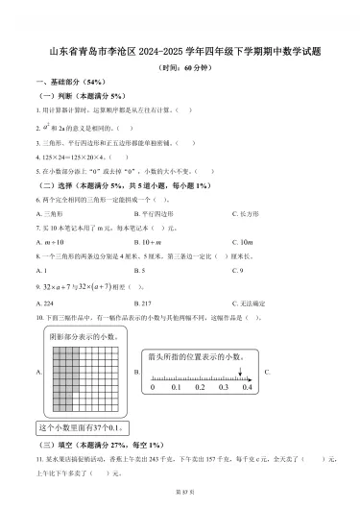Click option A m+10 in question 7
(50, 243)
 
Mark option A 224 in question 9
(47, 302)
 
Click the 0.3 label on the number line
(223, 387)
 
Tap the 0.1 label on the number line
(177, 387)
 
